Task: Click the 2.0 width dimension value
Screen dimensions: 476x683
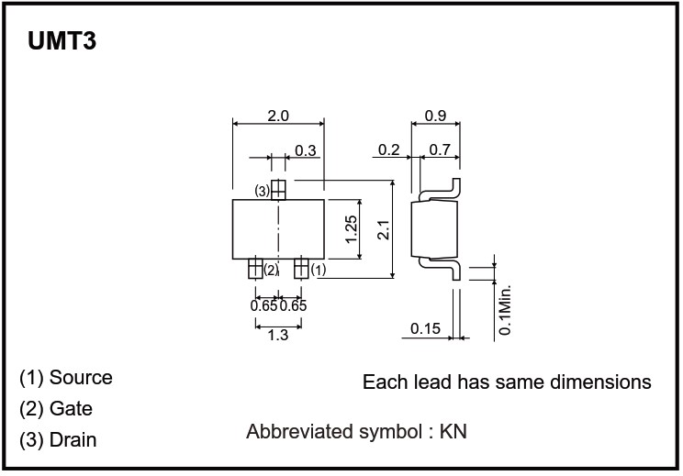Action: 278,116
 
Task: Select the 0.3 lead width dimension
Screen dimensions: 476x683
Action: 306,150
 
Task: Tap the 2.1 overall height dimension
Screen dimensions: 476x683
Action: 383,228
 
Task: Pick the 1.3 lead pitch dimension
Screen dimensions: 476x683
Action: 277,336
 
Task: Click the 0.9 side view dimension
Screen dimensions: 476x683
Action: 436,116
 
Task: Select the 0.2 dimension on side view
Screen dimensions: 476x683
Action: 388,150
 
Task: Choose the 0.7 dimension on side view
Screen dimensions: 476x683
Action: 439,150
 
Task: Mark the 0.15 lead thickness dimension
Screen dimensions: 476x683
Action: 426,328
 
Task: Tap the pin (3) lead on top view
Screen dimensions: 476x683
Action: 278,190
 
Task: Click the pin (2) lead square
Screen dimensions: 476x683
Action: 254,269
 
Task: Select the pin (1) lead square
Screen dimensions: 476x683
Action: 300,269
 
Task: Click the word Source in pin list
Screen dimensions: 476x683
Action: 81,378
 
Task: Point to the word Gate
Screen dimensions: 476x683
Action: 71,409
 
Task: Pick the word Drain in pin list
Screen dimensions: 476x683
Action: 73,440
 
